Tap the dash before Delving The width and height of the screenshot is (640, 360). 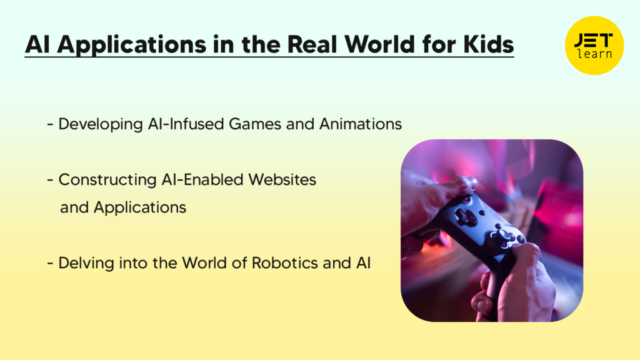click(x=49, y=263)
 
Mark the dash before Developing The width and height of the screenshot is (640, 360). click(x=49, y=124)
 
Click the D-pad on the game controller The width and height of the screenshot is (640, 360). click(x=465, y=217)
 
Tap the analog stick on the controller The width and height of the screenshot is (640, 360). click(x=504, y=235)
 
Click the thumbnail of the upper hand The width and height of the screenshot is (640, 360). click(x=469, y=182)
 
